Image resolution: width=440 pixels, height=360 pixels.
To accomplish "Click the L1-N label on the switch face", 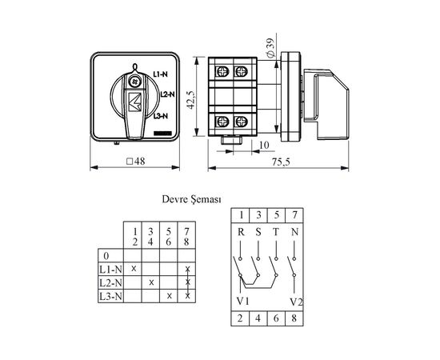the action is point(160,74).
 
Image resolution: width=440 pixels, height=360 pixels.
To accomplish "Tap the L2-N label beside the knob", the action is point(167,94).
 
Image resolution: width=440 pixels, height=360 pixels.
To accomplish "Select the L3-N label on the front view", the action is point(161,116).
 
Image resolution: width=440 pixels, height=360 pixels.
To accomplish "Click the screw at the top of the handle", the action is point(134,82).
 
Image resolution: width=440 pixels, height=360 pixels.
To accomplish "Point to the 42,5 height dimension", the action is point(191,100).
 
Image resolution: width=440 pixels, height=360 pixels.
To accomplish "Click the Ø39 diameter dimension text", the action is point(271,48).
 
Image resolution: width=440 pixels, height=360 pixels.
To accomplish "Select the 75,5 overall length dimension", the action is point(281,162).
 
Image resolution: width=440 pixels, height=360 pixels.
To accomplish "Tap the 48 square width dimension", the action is point(136,162).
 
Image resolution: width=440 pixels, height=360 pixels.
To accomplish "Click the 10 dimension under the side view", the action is point(264,145).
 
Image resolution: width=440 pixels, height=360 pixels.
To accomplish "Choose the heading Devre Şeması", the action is point(192,199).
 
